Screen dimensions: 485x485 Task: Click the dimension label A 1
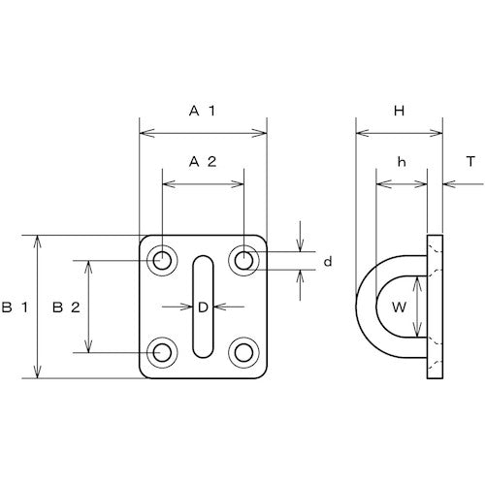pos(203,113)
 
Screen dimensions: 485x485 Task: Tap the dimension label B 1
pos(13,307)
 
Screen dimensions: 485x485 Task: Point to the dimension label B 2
pos(63,307)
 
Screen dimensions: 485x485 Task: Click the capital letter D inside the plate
pos(203,307)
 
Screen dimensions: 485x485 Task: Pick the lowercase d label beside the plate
pos(328,262)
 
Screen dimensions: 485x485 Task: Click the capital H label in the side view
pos(399,113)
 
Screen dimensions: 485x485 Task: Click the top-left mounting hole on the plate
pos(161,260)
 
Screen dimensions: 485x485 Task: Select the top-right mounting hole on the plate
pos(243,260)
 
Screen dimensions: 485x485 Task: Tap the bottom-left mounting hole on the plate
pos(161,352)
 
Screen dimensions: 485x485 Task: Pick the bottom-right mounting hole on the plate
pos(243,352)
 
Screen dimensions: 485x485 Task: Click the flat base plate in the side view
pos(434,307)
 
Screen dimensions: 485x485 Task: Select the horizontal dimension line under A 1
pos(203,132)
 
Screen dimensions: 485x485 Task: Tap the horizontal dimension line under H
pos(400,132)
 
